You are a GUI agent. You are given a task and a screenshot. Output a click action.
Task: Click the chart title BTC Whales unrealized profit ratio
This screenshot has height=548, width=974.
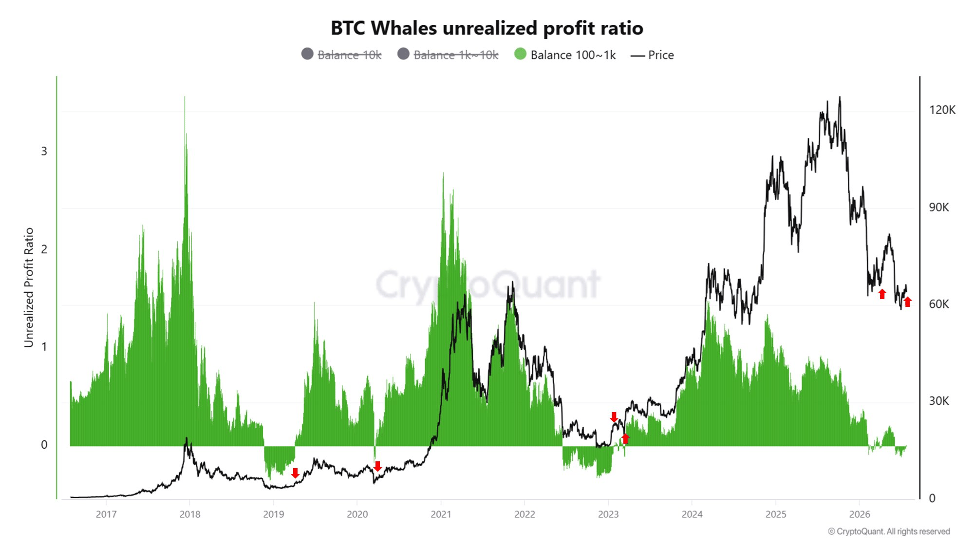[x=487, y=28]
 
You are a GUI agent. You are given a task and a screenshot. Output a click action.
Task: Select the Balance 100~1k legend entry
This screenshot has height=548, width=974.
[x=565, y=55]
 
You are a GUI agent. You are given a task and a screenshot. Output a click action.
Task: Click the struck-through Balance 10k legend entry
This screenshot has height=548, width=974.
[x=341, y=55]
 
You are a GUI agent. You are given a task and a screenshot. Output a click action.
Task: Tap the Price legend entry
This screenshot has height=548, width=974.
[x=652, y=55]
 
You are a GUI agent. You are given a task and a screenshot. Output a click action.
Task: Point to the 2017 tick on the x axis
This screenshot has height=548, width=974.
[x=106, y=514]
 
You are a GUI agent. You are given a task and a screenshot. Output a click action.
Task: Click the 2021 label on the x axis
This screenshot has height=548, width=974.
[x=441, y=514]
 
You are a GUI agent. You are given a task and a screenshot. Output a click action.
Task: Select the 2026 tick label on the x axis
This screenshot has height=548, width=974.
[x=860, y=514]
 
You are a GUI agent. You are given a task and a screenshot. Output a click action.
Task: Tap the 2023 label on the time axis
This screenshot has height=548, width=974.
[x=608, y=514]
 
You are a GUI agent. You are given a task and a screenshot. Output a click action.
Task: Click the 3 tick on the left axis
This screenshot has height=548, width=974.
[x=44, y=151]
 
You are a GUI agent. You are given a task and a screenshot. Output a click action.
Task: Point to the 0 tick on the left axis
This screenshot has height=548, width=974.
[x=44, y=445]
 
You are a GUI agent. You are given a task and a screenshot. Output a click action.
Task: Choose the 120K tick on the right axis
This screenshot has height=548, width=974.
[x=942, y=110]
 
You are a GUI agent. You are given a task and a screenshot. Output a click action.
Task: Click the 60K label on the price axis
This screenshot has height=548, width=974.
[x=939, y=304]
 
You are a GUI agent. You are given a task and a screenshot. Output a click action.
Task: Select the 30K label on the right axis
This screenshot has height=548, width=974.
[x=939, y=401]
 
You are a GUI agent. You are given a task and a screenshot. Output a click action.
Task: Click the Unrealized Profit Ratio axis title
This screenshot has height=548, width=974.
[x=29, y=288]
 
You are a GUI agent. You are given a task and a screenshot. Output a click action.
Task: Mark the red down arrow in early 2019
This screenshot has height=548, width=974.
[x=295, y=473]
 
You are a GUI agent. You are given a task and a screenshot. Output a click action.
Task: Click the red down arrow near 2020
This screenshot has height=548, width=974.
[x=377, y=466]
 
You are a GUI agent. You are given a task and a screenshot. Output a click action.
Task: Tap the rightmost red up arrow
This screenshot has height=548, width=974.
[x=908, y=302]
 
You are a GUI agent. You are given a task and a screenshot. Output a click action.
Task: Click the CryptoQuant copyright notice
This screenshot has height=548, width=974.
[x=889, y=531]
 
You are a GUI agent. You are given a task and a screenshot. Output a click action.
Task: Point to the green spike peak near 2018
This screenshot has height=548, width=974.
[x=185, y=97]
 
